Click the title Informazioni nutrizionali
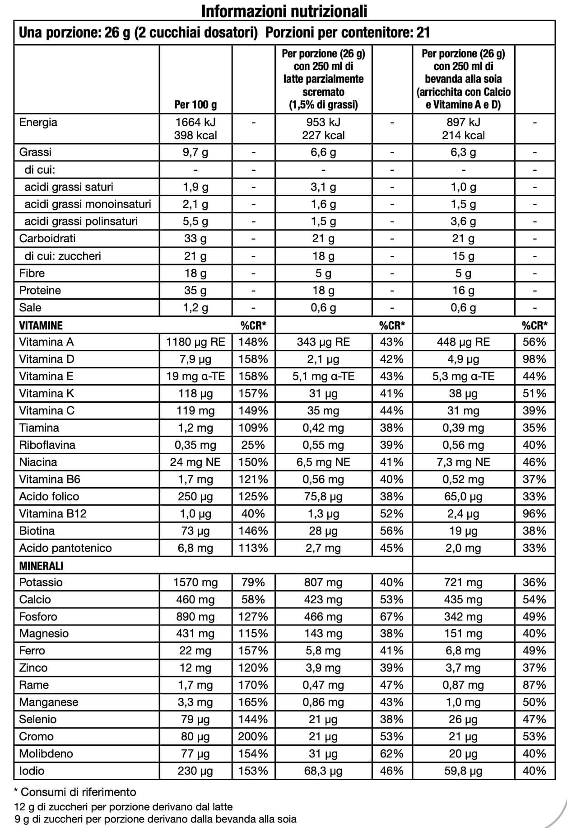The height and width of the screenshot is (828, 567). pyautogui.click(x=284, y=11)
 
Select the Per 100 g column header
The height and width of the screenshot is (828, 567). pyautogui.click(x=195, y=105)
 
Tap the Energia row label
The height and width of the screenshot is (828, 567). pyautogui.click(x=38, y=122)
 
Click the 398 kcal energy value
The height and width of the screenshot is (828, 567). pyautogui.click(x=195, y=135)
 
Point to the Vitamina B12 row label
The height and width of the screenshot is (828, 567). pyautogui.click(x=53, y=513)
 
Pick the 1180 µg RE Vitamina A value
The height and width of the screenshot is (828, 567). pyautogui.click(x=195, y=342)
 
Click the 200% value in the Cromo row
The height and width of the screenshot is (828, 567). pyautogui.click(x=253, y=736)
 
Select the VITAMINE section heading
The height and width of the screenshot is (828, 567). pyautogui.click(x=41, y=325)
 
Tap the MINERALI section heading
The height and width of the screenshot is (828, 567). pyautogui.click(x=41, y=565)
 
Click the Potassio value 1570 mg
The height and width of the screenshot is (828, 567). pyautogui.click(x=195, y=582)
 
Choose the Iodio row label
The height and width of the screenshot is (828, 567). pyautogui.click(x=32, y=771)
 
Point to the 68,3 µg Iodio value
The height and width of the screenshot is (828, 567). pyautogui.click(x=323, y=771)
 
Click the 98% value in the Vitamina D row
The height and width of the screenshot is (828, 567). pyautogui.click(x=534, y=359)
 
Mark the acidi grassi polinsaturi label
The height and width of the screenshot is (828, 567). pyautogui.click(x=81, y=221)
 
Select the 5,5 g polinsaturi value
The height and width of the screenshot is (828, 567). pyautogui.click(x=195, y=221)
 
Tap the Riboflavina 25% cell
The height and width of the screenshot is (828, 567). pyautogui.click(x=253, y=445)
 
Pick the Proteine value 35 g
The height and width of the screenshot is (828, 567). pyautogui.click(x=195, y=290)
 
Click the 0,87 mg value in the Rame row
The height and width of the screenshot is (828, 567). pyautogui.click(x=463, y=685)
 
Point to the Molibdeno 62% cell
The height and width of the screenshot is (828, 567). pyautogui.click(x=391, y=753)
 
